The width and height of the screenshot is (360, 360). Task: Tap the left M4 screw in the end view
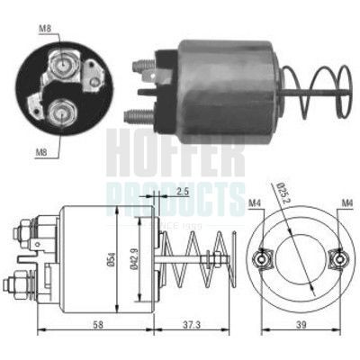pos(261,260)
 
